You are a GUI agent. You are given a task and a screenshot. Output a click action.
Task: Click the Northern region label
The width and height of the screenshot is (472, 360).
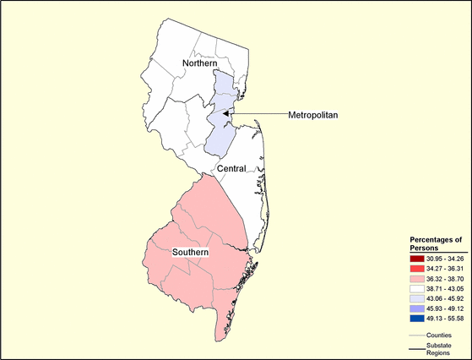point(200,64)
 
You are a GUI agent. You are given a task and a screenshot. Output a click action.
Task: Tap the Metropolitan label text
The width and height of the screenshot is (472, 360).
point(313,114)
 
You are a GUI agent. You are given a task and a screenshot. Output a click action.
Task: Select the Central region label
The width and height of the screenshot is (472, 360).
point(231,169)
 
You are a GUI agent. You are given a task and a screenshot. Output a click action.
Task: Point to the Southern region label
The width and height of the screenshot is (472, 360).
point(190,253)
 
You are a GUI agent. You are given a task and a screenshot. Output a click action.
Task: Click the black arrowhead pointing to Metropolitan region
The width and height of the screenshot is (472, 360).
point(227,113)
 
